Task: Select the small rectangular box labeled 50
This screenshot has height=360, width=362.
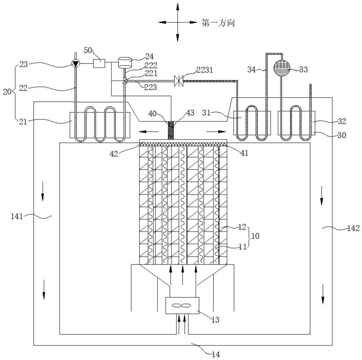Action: pos(99,63)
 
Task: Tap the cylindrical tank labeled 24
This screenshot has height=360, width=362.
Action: pos(125,62)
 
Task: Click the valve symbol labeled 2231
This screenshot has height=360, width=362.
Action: pos(179,81)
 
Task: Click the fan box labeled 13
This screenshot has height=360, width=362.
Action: pos(182,305)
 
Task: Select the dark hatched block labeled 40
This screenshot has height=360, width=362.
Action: pos(171,130)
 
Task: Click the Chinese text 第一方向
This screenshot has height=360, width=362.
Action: pos(218,23)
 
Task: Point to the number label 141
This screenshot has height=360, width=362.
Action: pos(17,216)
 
